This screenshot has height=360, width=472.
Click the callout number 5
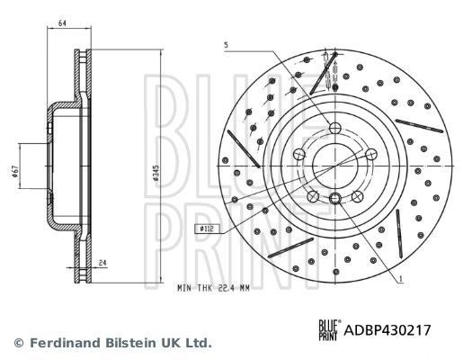tap(227, 44)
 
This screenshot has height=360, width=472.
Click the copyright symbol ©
tap(18, 342)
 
